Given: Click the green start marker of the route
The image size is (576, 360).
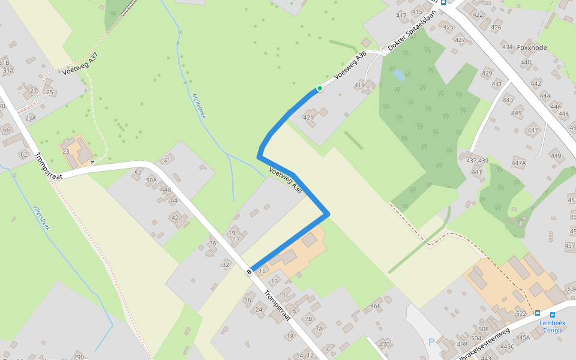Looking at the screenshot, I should pyautogui.click(x=320, y=89).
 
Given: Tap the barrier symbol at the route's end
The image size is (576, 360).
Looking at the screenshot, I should pyautogui.click(x=249, y=271).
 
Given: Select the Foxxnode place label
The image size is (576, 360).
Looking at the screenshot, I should pyautogui.click(x=532, y=47).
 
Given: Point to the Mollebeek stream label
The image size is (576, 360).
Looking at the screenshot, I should pyautogui.click(x=199, y=106).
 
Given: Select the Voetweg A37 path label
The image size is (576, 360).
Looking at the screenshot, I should pyautogui.click(x=80, y=64).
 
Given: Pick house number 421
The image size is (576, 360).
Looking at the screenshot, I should pyautogui.click(x=308, y=117).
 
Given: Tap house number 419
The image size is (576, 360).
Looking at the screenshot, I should pyautogui.click(x=359, y=85).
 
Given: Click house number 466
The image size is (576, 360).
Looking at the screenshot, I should pyautogui.click(x=376, y=307).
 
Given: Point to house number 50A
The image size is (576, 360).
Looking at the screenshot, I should pyautogui.click(x=151, y=180).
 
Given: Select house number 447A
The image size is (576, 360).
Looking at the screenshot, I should pyautogui.click(x=518, y=163).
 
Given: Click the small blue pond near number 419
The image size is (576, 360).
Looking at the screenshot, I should pyautogui.click(x=398, y=75).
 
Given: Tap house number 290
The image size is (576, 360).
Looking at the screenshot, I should pyautogui.click(x=79, y=357).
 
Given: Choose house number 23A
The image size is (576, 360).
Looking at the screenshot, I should pyautogui.click(x=31, y=118).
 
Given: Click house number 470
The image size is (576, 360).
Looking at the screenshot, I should pyautogui.click(x=384, y=344).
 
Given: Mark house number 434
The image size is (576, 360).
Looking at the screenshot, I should pyautogui.click(x=508, y=47).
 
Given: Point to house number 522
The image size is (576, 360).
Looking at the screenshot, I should pyautogui.click(x=521, y=314).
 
